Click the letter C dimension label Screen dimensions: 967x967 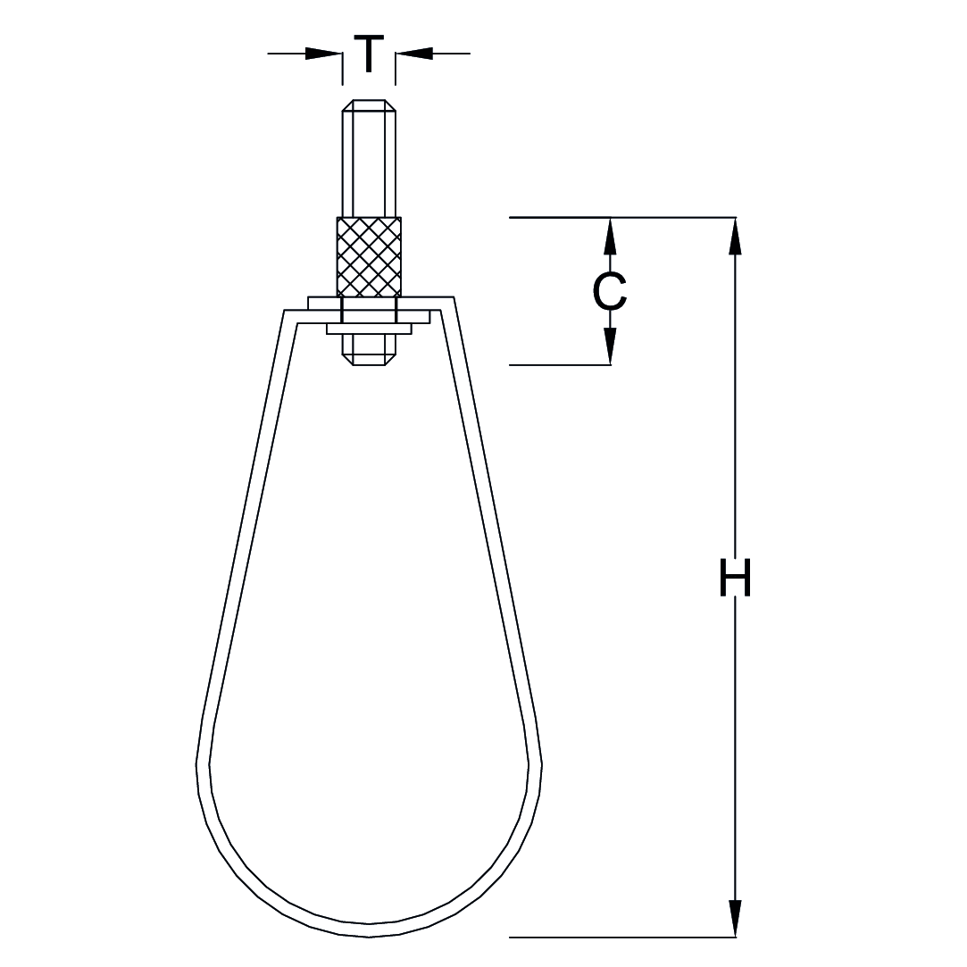610,291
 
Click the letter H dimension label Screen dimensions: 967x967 735,578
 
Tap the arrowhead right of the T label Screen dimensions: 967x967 414,54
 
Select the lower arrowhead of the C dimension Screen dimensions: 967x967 610,347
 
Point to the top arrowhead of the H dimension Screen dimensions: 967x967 735,236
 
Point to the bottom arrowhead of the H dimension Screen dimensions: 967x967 735,919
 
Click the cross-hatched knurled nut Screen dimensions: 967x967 368,256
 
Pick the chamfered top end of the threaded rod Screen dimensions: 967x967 368,104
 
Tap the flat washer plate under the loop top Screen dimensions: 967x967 368,329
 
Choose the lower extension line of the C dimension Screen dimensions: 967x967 559,365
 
